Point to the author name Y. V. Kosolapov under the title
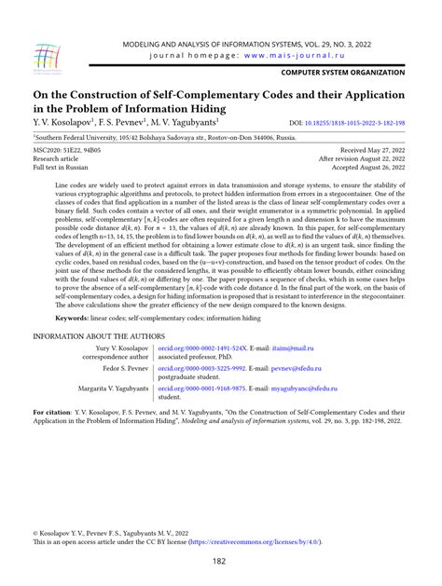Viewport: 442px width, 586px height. tap(66, 121)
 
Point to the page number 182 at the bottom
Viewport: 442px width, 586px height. tap(221, 560)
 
